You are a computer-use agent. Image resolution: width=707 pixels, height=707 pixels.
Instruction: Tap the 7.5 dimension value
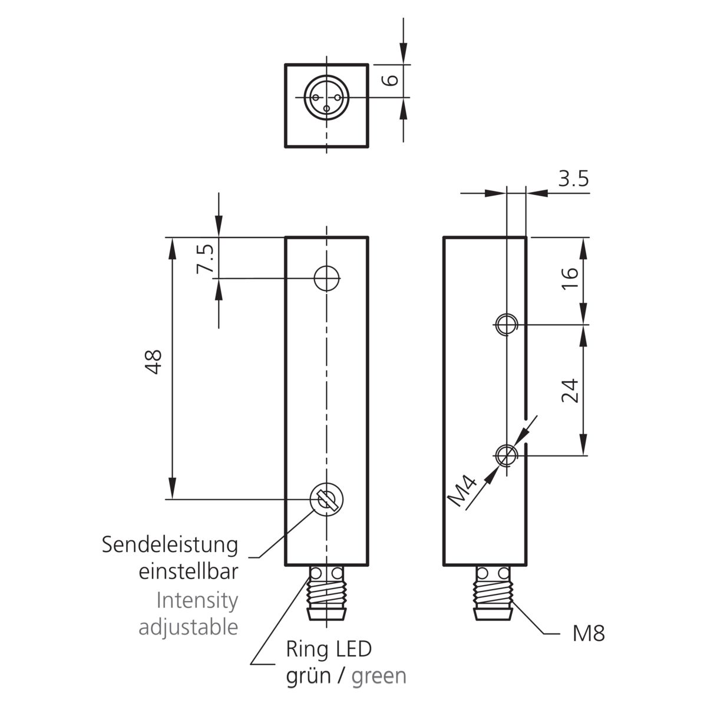click(205, 259)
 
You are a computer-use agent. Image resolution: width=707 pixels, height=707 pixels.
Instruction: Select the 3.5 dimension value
click(573, 179)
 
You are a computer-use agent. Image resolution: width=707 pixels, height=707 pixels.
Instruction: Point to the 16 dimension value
click(570, 279)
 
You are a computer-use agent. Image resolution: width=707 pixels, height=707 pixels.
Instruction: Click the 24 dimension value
click(570, 391)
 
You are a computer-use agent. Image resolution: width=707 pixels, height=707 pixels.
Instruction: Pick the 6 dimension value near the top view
click(390, 80)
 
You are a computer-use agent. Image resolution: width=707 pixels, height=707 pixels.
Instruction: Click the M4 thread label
click(462, 491)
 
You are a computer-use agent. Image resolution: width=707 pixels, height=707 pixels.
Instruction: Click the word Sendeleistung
click(170, 545)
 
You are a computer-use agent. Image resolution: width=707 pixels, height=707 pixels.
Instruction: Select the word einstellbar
click(189, 571)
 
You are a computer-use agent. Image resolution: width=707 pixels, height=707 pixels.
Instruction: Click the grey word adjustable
click(189, 627)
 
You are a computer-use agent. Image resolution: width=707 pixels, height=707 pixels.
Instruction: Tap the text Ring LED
click(329, 649)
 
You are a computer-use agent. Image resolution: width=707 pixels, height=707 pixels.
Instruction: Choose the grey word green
click(379, 677)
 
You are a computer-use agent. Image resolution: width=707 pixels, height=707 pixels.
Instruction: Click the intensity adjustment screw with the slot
click(327, 499)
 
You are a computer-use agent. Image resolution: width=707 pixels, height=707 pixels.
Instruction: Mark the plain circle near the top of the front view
click(326, 279)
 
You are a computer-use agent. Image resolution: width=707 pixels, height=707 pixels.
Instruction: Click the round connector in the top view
click(326, 97)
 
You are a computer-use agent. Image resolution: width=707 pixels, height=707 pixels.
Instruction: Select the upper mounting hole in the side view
click(506, 324)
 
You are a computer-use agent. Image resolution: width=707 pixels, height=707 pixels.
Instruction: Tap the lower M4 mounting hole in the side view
click(506, 455)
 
